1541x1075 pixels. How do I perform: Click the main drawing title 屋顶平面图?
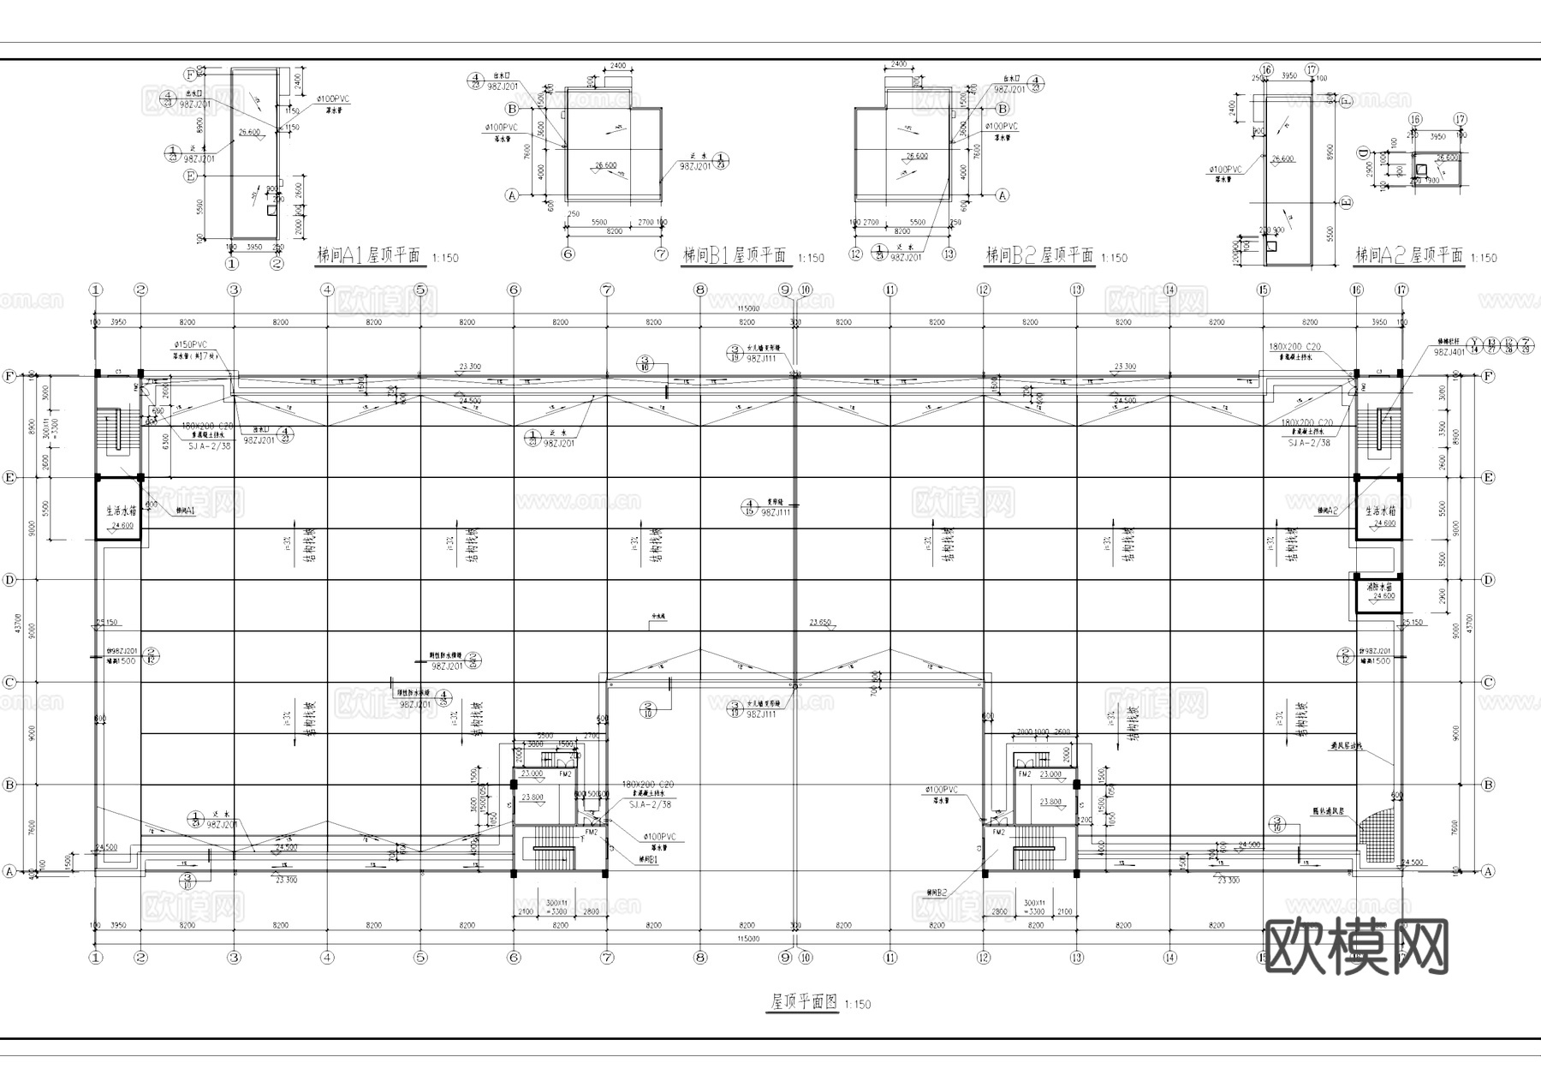point(803,1002)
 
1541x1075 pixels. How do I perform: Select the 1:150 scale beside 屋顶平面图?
point(857,1005)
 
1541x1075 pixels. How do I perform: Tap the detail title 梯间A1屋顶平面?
point(368,255)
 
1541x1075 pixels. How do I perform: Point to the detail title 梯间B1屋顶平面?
point(735,255)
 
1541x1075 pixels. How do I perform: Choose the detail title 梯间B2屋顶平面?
point(1039,255)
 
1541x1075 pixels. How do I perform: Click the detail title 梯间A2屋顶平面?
point(1408,255)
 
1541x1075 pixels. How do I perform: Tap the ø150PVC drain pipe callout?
point(191,344)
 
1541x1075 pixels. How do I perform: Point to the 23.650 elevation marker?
point(820,622)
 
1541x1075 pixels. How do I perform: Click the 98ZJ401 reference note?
point(1449,351)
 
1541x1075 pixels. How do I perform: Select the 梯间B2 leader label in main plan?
point(937,893)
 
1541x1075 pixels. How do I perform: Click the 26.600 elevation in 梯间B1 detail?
point(605,165)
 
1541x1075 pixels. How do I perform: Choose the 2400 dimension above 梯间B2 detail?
point(898,64)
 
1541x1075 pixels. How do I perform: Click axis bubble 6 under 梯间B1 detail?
point(568,254)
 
